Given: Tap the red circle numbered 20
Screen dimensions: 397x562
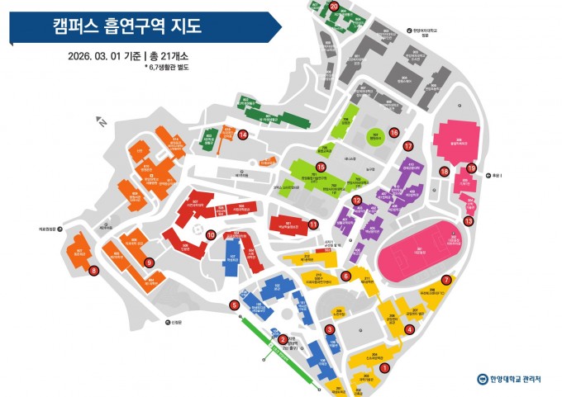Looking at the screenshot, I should pyautogui.click(x=334, y=6).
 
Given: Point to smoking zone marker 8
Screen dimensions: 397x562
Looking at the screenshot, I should pyautogui.click(x=94, y=269).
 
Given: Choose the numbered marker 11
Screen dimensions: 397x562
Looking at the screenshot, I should pyautogui.click(x=313, y=224).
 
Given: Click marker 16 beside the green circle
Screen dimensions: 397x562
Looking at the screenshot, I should pyautogui.click(x=394, y=132).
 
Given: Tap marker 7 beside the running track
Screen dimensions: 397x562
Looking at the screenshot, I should pyautogui.click(x=446, y=279).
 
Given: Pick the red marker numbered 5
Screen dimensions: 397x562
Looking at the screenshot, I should pyautogui.click(x=235, y=305).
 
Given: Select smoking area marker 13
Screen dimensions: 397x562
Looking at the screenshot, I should pyautogui.click(x=469, y=220).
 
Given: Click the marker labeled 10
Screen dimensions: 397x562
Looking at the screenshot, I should pyautogui.click(x=210, y=234).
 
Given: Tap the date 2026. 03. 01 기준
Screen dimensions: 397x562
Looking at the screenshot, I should pyautogui.click(x=105, y=56).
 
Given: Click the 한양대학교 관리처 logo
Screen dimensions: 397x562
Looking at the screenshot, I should pyautogui.click(x=509, y=380).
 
